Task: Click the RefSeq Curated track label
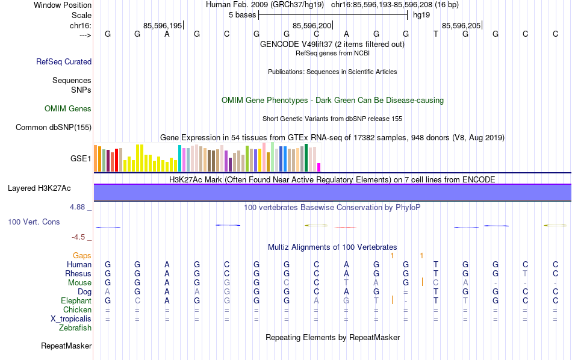tap(64, 61)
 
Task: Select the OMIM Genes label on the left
tap(68, 109)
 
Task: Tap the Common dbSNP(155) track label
tap(54, 127)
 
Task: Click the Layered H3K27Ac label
tap(39, 188)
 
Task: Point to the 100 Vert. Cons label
tap(34, 222)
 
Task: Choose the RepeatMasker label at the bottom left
tap(66, 346)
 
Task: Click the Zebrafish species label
tap(75, 328)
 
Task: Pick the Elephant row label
tap(76, 301)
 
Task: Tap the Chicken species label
tap(77, 310)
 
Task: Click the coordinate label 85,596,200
tap(312, 26)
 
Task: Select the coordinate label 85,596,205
tap(461, 26)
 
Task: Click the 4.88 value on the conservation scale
tap(78, 207)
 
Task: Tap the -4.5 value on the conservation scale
tap(80, 237)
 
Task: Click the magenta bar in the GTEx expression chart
tap(319, 167)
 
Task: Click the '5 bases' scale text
tap(242, 15)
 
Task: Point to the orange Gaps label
tap(82, 256)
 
